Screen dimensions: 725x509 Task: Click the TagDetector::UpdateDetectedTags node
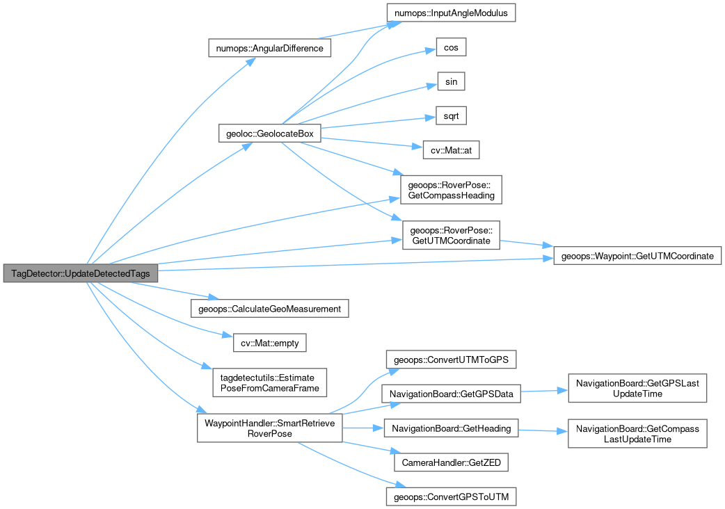pyautogui.click(x=81, y=273)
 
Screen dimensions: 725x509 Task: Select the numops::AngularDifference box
pyautogui.click(x=269, y=48)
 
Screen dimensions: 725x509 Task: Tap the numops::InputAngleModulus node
pyautogui.click(x=451, y=13)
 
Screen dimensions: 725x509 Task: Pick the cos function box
pyautogui.click(x=451, y=47)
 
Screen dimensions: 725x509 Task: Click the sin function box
pyautogui.click(x=451, y=82)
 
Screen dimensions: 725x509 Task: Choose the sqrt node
pyautogui.click(x=451, y=116)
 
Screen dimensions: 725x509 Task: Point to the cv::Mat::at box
pyautogui.click(x=451, y=150)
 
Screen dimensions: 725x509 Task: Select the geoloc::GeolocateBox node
pyautogui.click(x=269, y=134)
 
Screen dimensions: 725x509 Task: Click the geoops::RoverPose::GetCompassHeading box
pyautogui.click(x=451, y=190)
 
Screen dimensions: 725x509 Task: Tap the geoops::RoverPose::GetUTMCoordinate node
pyautogui.click(x=451, y=235)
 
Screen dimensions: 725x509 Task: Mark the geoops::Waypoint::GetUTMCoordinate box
pyautogui.click(x=637, y=256)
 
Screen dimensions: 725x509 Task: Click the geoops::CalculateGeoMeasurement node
pyautogui.click(x=269, y=309)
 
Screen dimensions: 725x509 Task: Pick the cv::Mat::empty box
pyautogui.click(x=269, y=343)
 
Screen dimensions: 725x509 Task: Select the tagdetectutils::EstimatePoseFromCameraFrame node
pyautogui.click(x=269, y=382)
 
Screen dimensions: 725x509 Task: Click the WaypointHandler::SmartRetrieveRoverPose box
pyautogui.click(x=269, y=428)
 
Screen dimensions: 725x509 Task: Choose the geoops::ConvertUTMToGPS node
pyautogui.click(x=451, y=359)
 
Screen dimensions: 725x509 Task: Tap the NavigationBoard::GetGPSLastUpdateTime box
pyautogui.click(x=637, y=388)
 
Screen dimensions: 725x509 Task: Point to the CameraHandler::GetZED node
pyautogui.click(x=451, y=462)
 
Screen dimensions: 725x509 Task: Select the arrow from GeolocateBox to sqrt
pyautogui.click(x=379, y=123)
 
